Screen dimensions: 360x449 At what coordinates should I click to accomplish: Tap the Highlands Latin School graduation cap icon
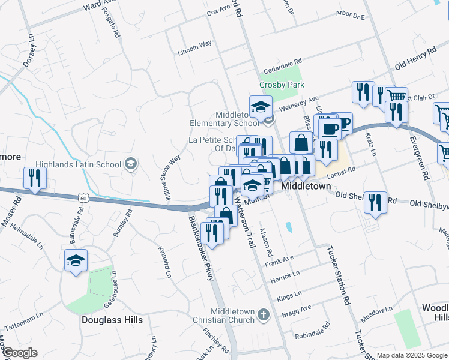click(131, 164)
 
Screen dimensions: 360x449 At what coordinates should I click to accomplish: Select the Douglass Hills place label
click(112, 320)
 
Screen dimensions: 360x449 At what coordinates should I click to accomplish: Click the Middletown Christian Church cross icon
click(263, 314)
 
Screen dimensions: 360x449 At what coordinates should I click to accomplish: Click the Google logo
click(20, 353)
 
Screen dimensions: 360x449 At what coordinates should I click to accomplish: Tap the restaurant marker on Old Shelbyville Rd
click(376, 202)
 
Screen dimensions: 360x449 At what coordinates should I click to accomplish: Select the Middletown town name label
click(306, 187)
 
